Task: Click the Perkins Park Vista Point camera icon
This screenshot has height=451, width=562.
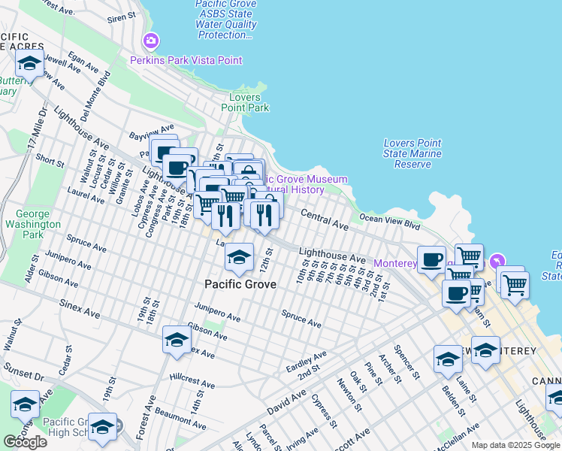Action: coord(151,40)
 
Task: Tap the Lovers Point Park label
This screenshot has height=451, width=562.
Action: coord(245,103)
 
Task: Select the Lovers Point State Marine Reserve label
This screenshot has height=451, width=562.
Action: coord(412,153)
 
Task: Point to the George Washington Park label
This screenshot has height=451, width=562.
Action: coord(32,224)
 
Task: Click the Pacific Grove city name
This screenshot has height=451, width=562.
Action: coord(240,285)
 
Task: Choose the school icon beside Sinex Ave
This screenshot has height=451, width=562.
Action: coord(177,339)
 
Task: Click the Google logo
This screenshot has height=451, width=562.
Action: coord(25,442)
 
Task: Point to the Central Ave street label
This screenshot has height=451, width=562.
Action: coord(325,220)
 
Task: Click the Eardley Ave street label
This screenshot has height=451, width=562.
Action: coord(306,359)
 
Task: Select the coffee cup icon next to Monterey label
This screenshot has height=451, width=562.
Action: coord(431,259)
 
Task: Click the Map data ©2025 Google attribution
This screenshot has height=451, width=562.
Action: coord(515,445)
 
